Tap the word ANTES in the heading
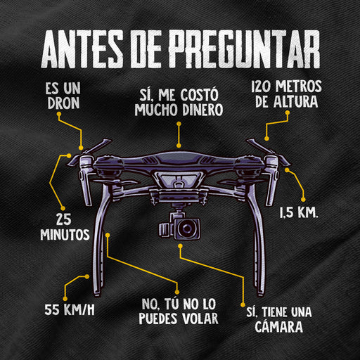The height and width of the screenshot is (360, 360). (82, 49)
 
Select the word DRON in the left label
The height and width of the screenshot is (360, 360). (63, 103)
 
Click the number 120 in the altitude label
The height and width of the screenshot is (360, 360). (262, 86)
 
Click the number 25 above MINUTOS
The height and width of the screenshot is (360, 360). (64, 219)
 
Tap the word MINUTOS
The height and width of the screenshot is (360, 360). (65, 234)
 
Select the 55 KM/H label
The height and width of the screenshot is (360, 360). (70, 309)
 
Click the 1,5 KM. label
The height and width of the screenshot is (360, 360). (299, 213)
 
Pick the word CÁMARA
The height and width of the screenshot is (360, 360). (278, 326)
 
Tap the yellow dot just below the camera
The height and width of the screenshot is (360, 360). (180, 246)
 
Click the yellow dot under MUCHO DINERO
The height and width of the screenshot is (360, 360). (179, 124)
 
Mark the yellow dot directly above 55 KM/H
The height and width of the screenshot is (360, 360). (65, 298)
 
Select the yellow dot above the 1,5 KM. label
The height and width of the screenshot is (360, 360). (303, 200)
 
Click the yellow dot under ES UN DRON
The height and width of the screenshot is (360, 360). (59, 114)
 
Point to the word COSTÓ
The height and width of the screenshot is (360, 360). (199, 95)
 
